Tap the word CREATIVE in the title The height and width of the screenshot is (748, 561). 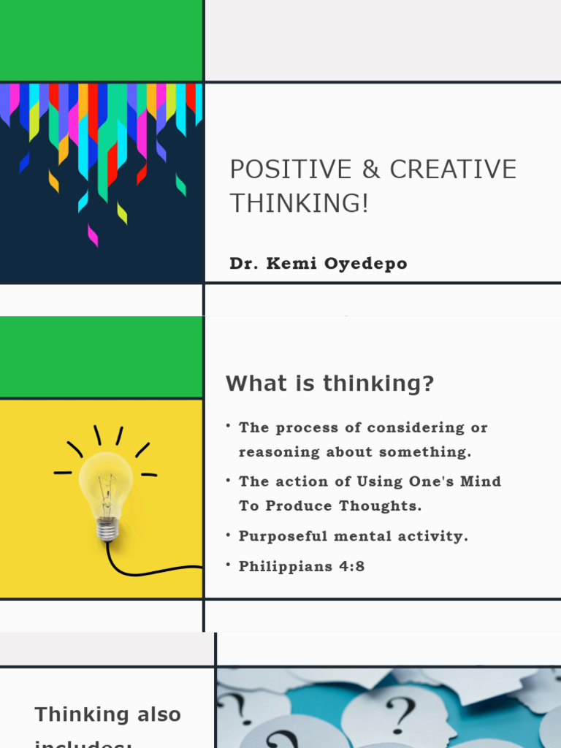[453, 169]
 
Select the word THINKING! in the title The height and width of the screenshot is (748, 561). [299, 204]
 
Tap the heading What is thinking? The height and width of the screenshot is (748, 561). [329, 383]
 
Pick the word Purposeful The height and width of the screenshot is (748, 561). [283, 536]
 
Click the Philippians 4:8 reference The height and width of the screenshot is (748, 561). [302, 566]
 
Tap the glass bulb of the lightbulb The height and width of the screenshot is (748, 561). [106, 486]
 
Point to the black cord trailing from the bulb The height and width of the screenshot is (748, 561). [146, 571]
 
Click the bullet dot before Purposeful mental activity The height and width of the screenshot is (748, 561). [229, 535]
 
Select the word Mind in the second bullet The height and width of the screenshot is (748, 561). [481, 481]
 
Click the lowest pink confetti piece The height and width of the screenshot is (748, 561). [93, 235]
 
